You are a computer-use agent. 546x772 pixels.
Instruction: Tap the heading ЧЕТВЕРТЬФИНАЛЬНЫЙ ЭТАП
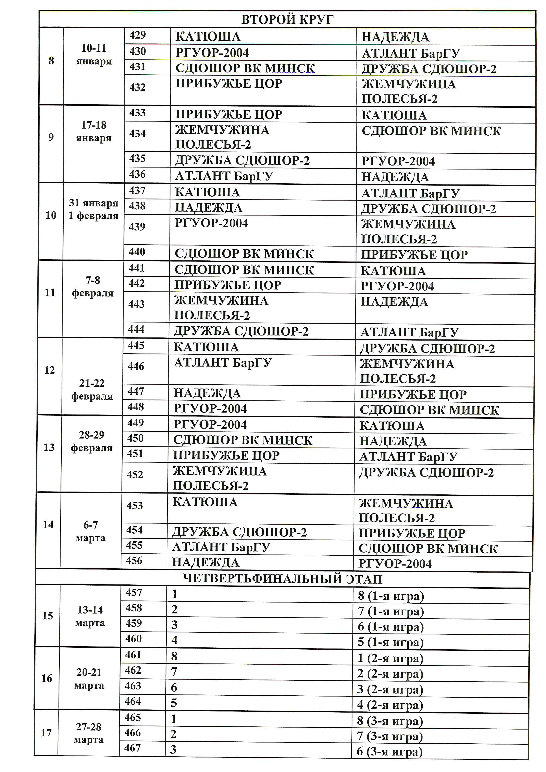[282, 579]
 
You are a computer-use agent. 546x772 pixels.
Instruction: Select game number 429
[138, 35]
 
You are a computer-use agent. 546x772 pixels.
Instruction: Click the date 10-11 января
[94, 54]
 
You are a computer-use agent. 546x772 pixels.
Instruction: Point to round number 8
[51, 61]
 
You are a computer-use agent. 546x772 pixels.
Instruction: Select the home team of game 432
[229, 83]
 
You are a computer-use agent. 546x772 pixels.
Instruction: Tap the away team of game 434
[431, 131]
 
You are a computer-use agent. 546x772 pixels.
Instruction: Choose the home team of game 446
[223, 363]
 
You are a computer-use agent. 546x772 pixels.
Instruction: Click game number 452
[135, 474]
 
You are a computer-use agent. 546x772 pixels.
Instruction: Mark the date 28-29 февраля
[91, 441]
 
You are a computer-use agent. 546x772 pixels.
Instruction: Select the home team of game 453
[205, 502]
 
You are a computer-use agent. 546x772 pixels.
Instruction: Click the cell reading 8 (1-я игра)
[391, 596]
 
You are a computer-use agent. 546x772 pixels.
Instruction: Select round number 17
[46, 733]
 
